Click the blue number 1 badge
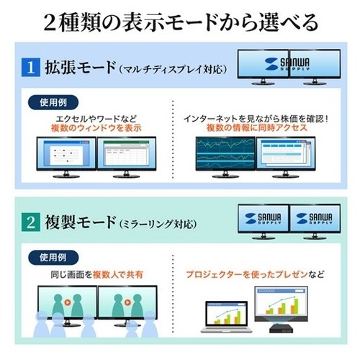pyautogui.click(x=31, y=68)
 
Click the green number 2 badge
pyautogui.click(x=31, y=222)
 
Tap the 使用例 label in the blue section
pyautogui.click(x=53, y=102)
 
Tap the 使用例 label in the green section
pyautogui.click(x=53, y=258)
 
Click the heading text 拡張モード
pyautogui.click(x=81, y=68)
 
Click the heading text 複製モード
pyautogui.click(x=81, y=222)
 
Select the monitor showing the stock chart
pyautogui.click(x=225, y=157)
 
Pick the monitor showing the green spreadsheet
pyautogui.click(x=126, y=157)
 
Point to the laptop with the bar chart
pyautogui.click(x=226, y=317)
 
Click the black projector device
pyautogui.click(x=282, y=328)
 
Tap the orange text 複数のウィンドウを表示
pyautogui.click(x=96, y=128)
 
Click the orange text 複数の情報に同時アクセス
pyautogui.click(x=257, y=127)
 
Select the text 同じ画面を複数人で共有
pyautogui.click(x=96, y=274)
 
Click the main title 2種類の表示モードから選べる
pyautogui.click(x=181, y=22)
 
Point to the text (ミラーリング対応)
pyautogui.click(x=158, y=224)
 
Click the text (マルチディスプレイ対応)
pyautogui.click(x=173, y=69)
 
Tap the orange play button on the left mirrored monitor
pyautogui.click(x=68, y=302)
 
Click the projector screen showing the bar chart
pyautogui.click(x=281, y=304)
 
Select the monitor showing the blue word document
pyautogui.click(x=66, y=157)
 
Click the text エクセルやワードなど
pyautogui.click(x=96, y=119)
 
